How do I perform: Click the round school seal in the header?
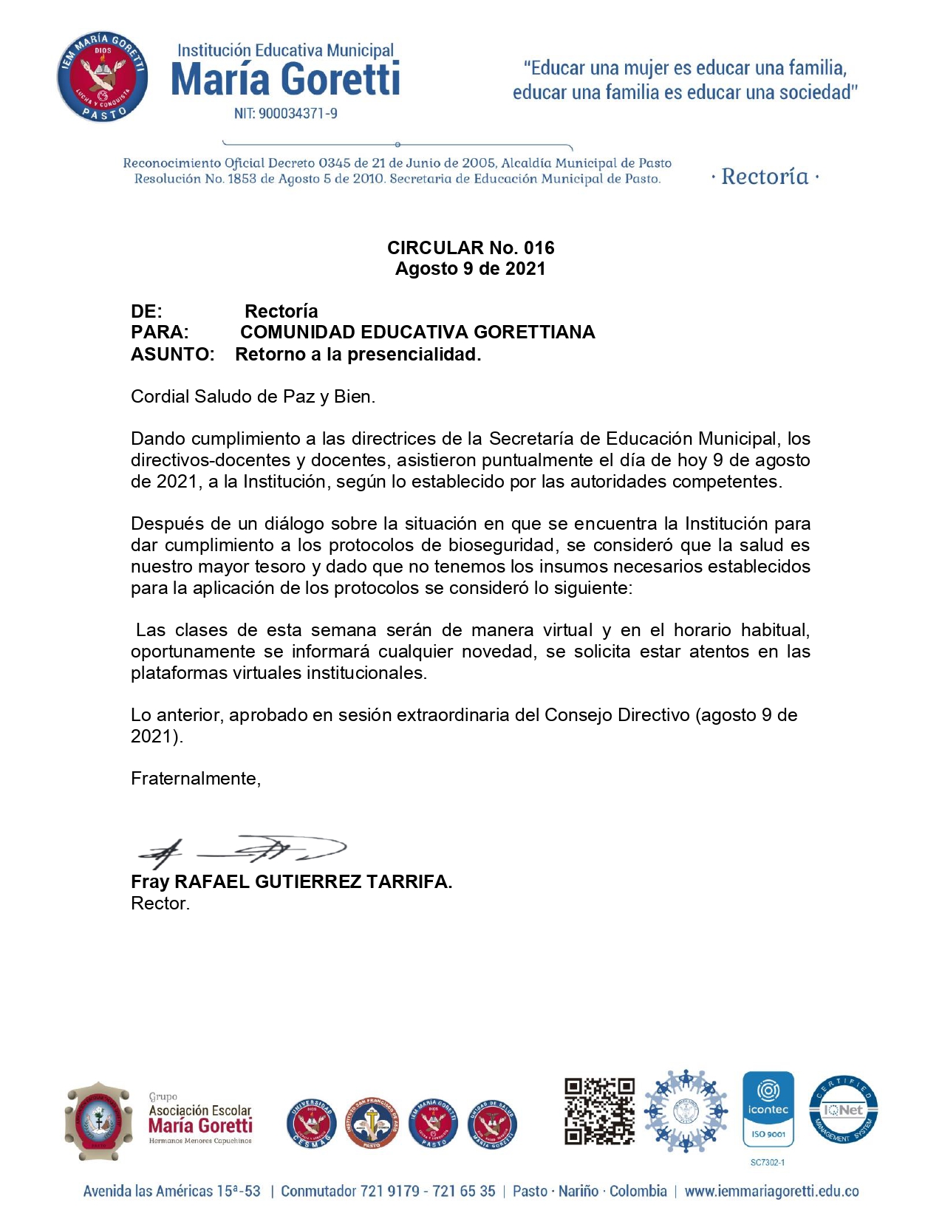tap(103, 77)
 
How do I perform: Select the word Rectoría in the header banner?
tap(765, 177)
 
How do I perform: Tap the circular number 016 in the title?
tap(539, 247)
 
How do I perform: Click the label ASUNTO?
tap(173, 355)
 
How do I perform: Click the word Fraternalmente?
tap(194, 779)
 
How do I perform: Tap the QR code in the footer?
tap(599, 1111)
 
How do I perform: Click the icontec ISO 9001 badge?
tap(768, 1110)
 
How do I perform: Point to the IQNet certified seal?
tap(843, 1110)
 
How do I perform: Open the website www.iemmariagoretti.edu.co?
tap(771, 1192)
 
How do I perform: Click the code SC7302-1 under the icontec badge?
tap(768, 1163)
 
